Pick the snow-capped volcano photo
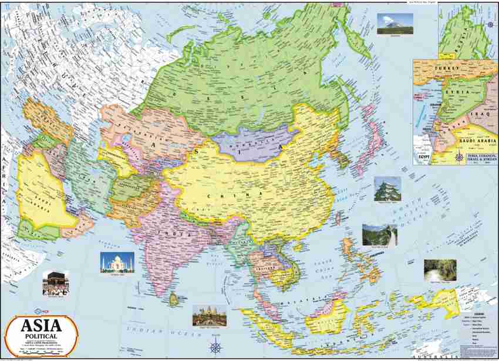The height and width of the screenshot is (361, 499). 395,23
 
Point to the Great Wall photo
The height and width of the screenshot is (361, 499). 379,235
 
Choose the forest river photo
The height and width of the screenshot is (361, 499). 440,270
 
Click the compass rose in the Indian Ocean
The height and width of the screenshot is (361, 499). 215,347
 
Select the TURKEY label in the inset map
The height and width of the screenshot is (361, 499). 443,69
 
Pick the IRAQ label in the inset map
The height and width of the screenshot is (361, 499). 487,111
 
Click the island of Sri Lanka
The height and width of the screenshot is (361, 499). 172,299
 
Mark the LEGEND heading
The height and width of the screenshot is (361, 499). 463,314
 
